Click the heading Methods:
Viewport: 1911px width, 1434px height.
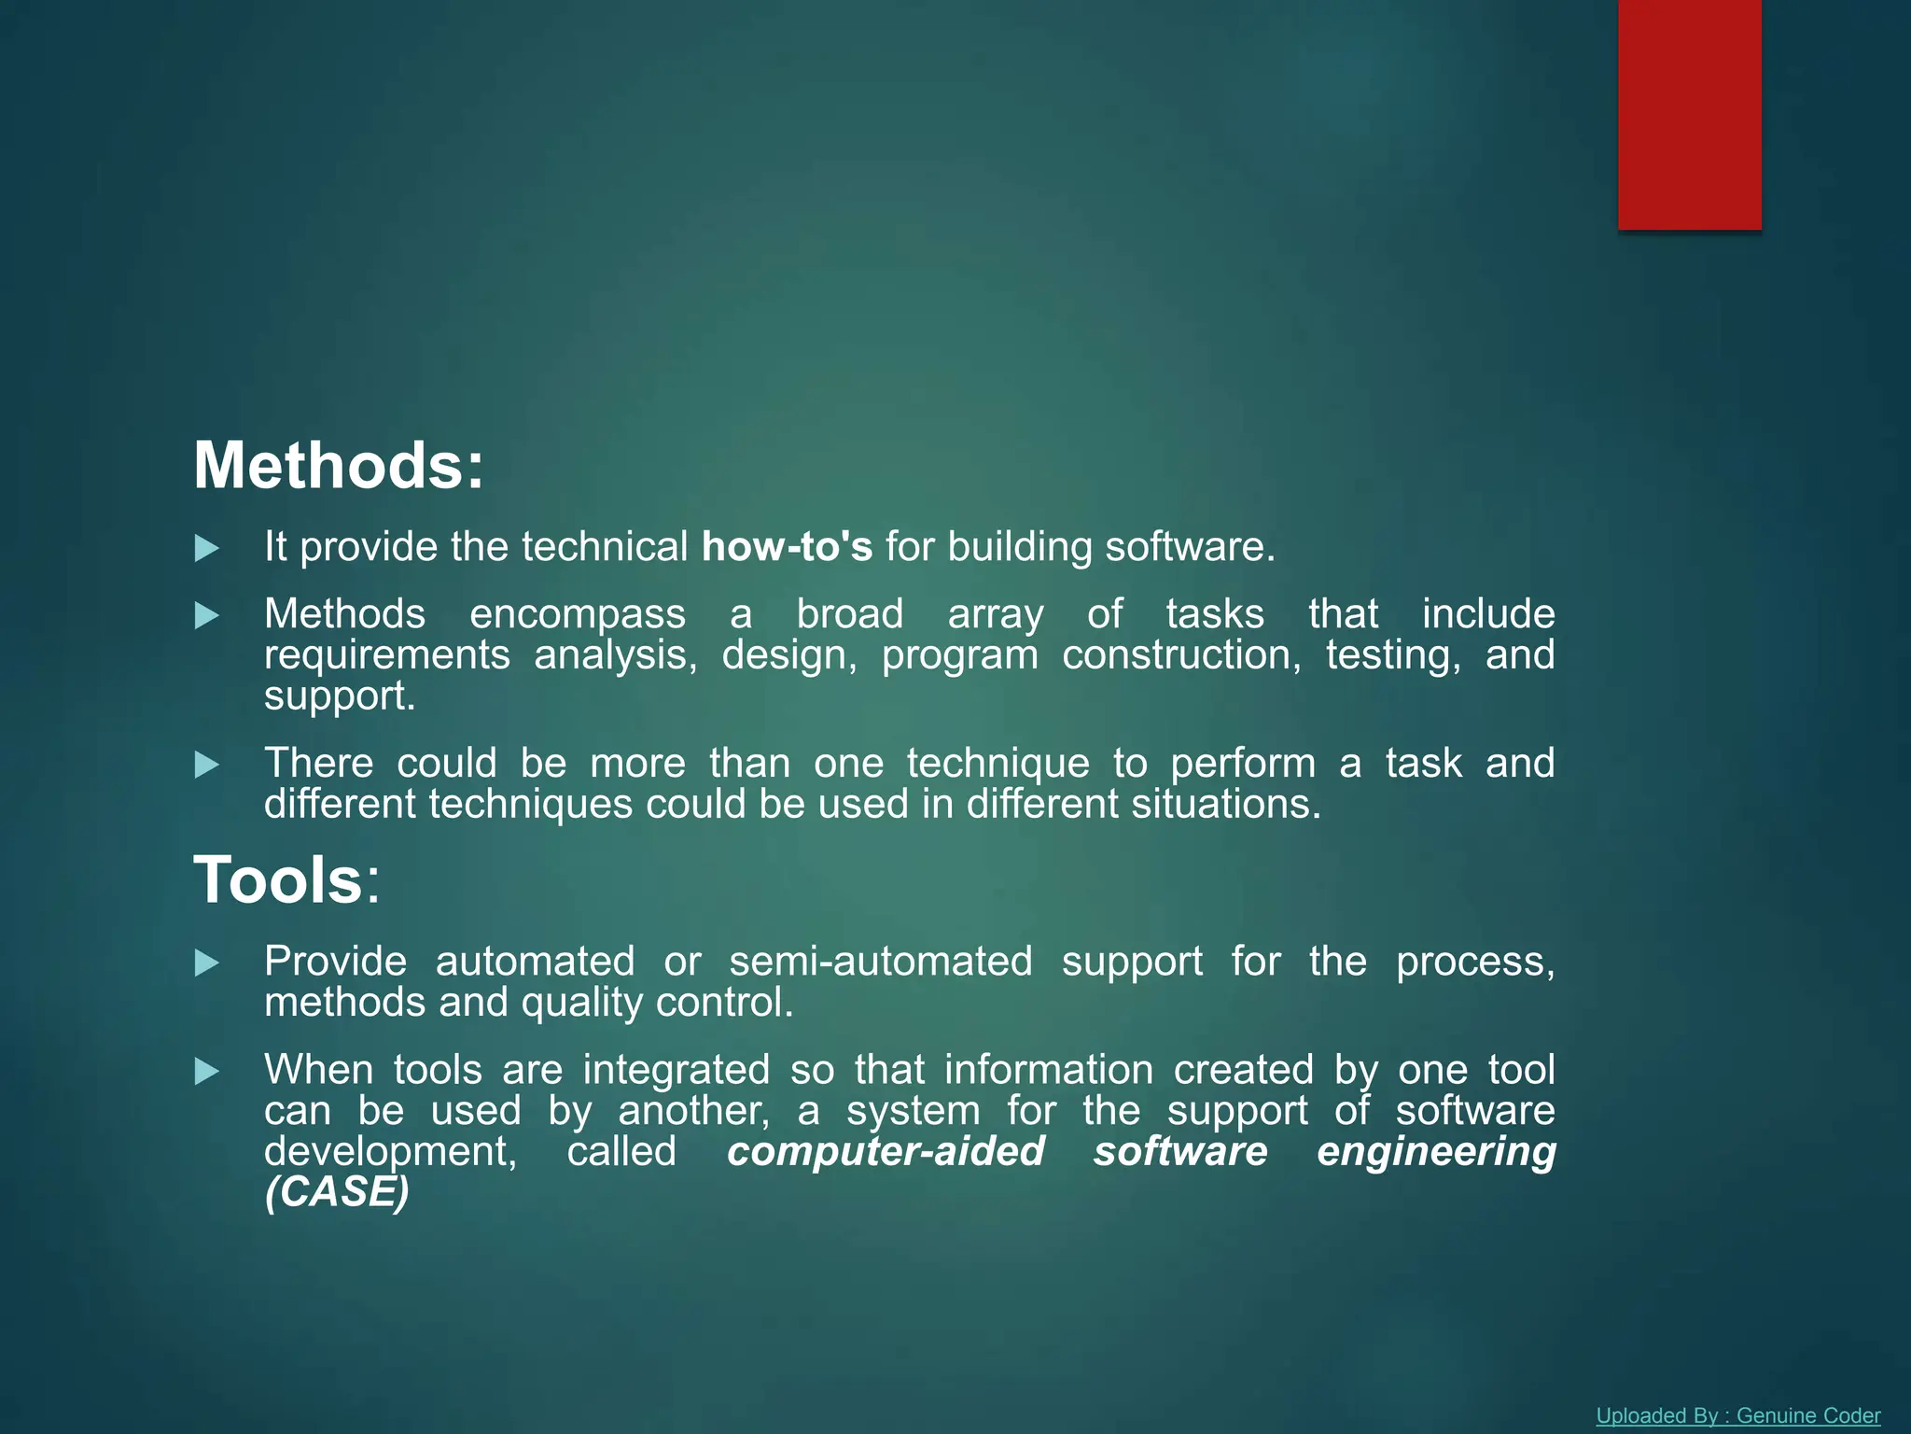point(339,466)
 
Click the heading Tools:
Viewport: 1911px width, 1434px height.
point(286,880)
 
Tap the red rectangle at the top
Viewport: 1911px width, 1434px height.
point(1689,114)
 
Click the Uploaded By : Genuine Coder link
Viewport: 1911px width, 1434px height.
point(1737,1415)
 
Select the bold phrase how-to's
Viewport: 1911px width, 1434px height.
point(787,547)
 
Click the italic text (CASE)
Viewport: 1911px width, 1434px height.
point(337,1192)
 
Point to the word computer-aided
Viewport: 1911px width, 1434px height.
point(886,1151)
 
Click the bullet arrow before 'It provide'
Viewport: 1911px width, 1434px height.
point(206,549)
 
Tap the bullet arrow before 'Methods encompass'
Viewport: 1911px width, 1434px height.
point(206,616)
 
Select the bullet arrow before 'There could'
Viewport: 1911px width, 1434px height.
point(206,766)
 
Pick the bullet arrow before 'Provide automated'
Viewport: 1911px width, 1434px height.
point(206,963)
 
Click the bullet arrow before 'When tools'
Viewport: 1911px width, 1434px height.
point(206,1072)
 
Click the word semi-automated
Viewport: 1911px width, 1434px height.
point(880,962)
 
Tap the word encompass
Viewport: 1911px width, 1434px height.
point(577,615)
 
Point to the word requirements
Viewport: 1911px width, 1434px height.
point(387,655)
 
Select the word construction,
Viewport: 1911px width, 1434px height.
point(1181,655)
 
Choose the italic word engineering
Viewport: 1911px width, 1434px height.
point(1436,1151)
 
